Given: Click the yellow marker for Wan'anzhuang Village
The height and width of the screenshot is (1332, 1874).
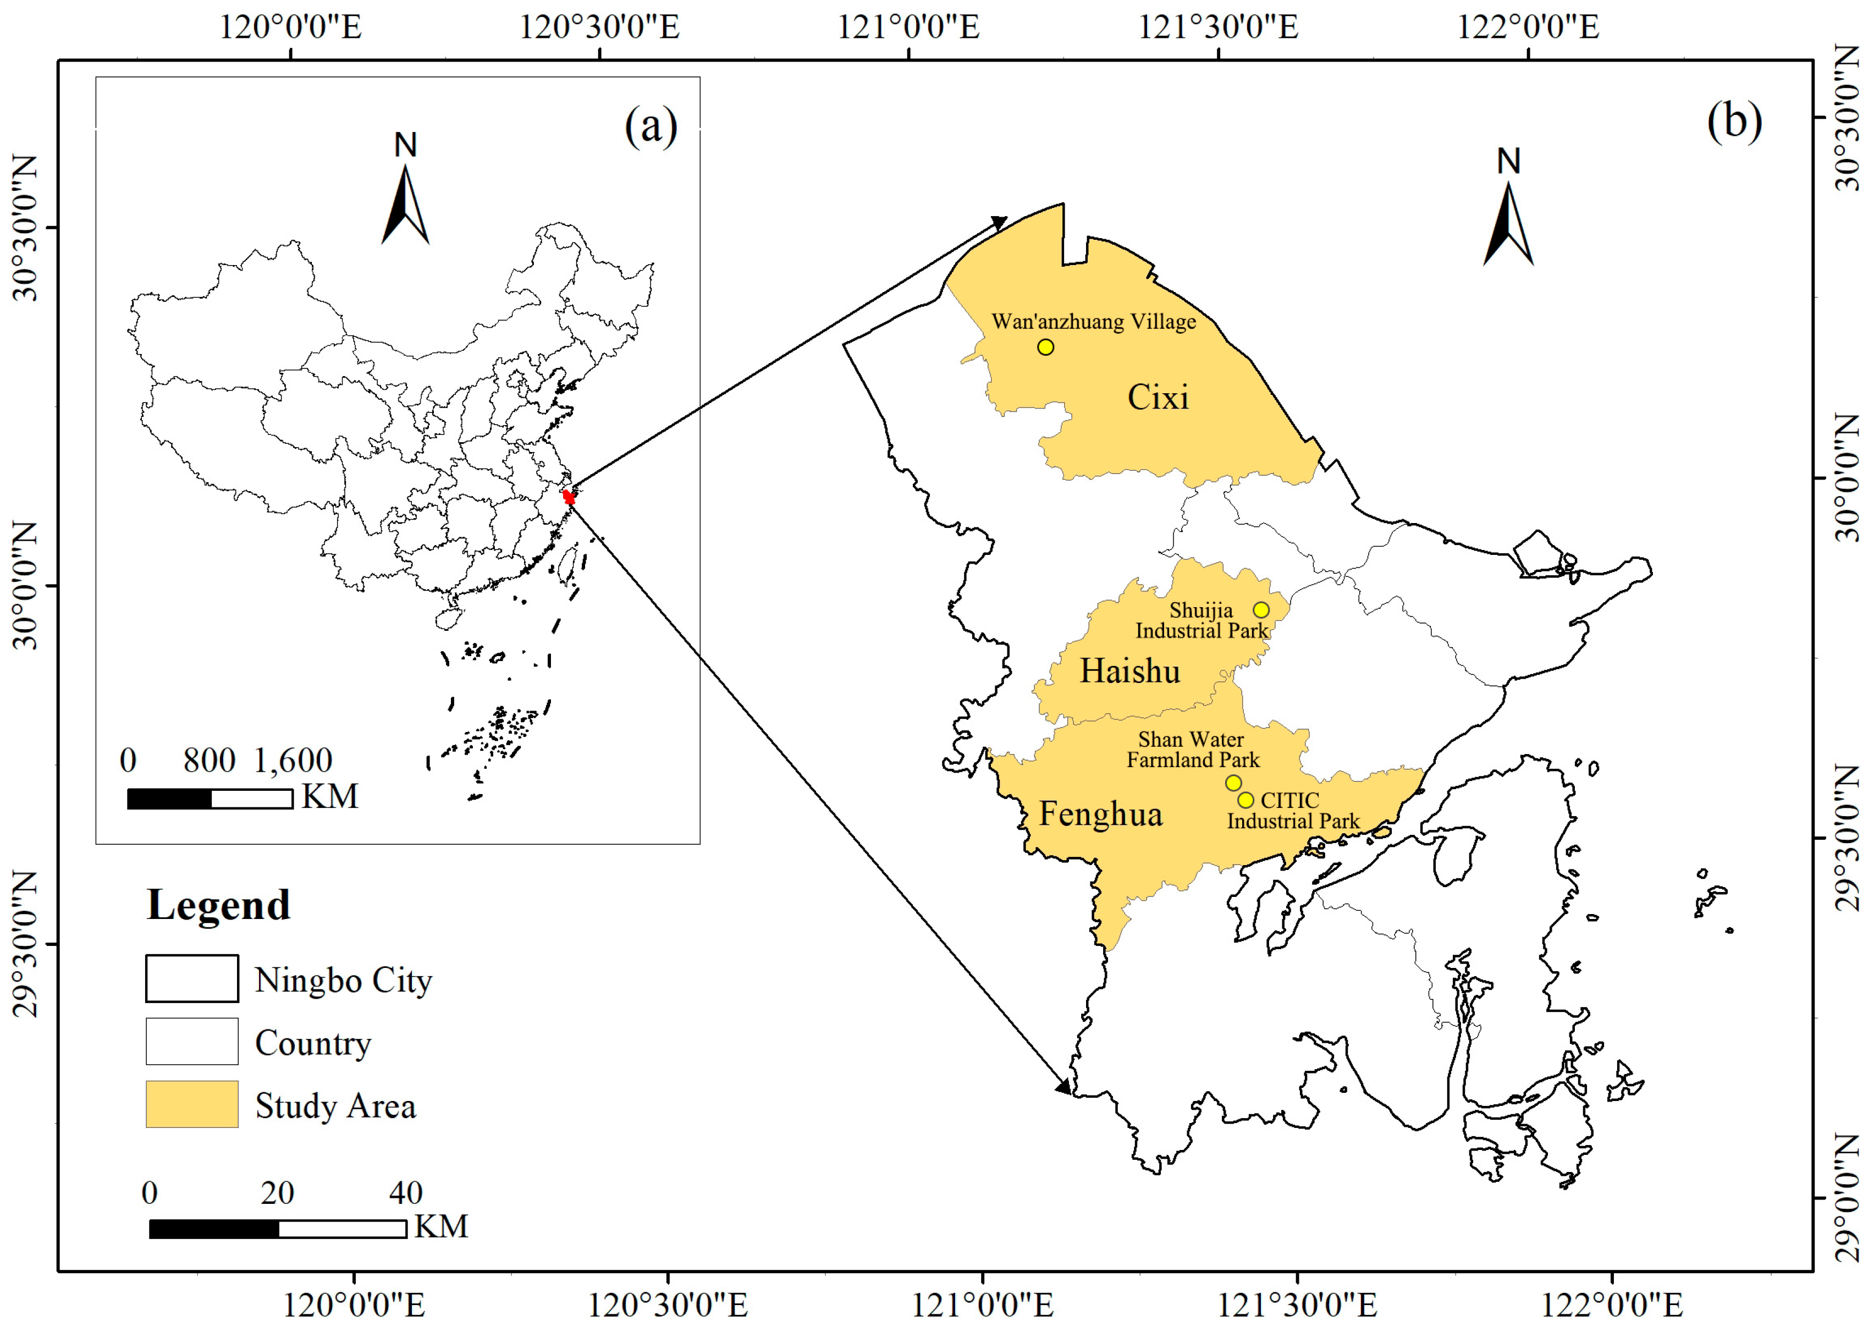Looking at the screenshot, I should (x=1045, y=347).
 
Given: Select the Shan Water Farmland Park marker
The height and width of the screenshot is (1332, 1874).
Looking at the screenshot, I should (x=1233, y=783).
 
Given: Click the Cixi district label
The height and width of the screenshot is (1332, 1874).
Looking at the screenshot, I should (x=1157, y=398).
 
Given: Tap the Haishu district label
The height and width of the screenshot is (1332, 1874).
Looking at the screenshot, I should (x=1129, y=671).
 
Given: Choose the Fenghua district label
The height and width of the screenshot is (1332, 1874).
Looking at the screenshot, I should (x=1101, y=813).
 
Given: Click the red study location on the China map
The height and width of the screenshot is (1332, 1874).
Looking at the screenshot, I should (x=569, y=496).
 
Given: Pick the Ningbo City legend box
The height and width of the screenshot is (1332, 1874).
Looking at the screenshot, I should (x=192, y=978).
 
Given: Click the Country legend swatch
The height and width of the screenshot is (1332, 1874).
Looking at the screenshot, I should (x=192, y=1041).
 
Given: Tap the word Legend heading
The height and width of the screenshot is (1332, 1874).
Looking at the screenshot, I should (x=218, y=905).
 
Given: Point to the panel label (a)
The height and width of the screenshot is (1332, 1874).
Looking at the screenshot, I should (x=651, y=127).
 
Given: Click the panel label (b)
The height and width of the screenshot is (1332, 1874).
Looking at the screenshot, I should (x=1734, y=122).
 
